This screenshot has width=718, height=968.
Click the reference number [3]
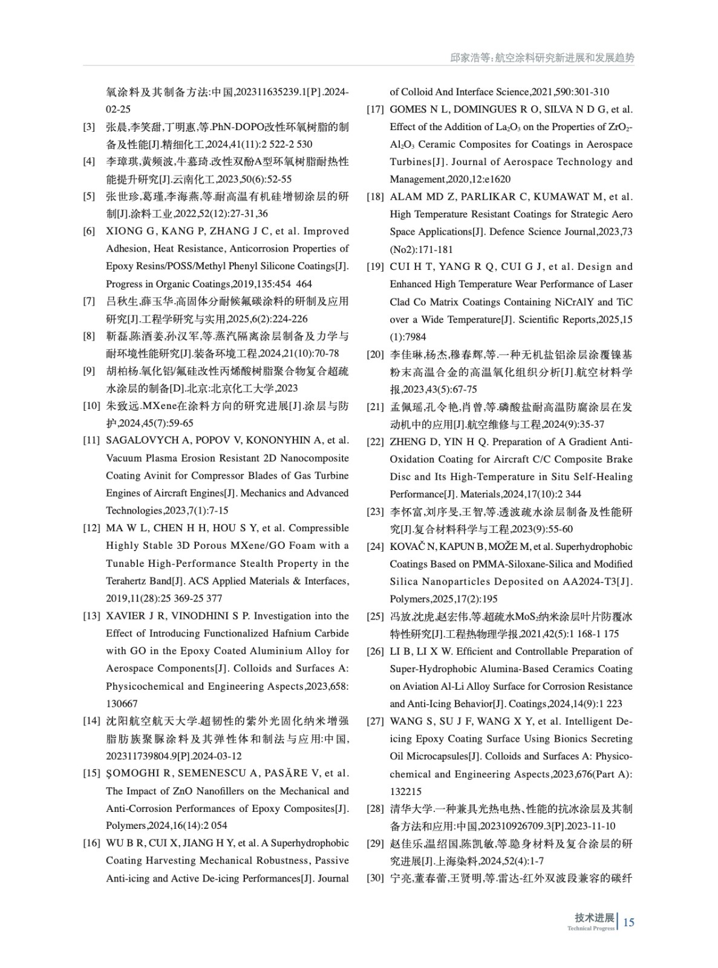click(x=89, y=127)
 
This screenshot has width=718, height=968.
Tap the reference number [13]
click(x=91, y=616)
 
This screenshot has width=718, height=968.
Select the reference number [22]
click(x=375, y=442)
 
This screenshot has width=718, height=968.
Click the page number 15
click(x=628, y=923)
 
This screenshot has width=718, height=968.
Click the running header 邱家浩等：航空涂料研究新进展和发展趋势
click(x=543, y=58)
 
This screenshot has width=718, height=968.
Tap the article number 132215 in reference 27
click(x=405, y=791)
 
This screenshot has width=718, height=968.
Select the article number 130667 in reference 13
click(x=122, y=704)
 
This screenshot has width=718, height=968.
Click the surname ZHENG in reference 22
click(x=407, y=442)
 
